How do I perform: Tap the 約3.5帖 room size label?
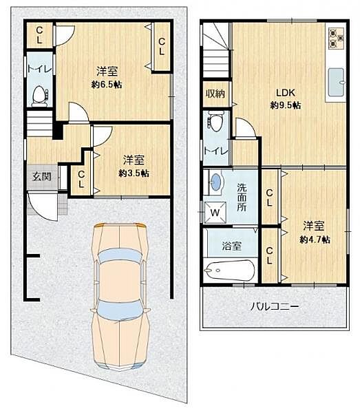click(134, 173)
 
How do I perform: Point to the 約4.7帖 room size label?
click(315, 240)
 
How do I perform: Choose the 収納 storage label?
click(216, 94)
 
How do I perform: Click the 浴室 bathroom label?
click(231, 246)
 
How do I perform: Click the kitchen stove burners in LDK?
click(336, 38)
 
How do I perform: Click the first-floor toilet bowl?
click(39, 94)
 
